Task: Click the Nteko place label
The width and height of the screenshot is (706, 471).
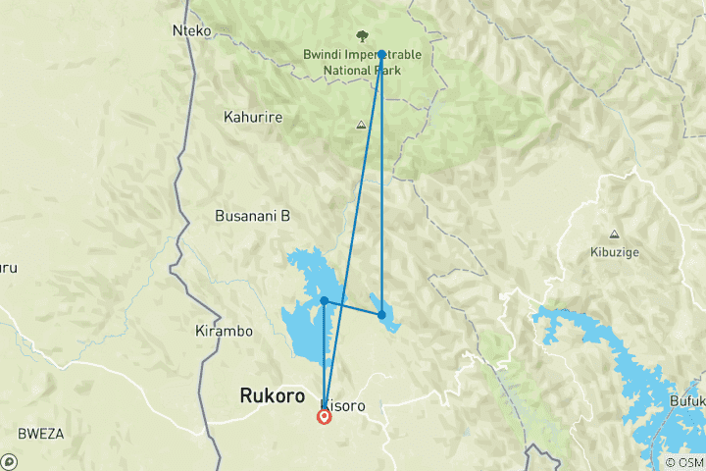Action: (x=192, y=31)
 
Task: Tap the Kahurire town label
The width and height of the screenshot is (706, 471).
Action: (x=253, y=118)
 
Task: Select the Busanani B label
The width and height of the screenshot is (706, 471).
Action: (x=252, y=216)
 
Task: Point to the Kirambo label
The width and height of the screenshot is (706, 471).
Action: (x=224, y=331)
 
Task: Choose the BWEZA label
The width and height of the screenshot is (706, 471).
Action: (x=40, y=433)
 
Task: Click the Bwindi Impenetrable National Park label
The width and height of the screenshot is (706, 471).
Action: (x=362, y=63)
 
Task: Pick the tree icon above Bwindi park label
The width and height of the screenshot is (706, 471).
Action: (x=362, y=36)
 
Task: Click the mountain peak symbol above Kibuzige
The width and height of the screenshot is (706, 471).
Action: (x=614, y=234)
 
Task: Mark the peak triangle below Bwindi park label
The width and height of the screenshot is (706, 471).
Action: (x=362, y=125)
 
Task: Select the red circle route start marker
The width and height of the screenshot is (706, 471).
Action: (x=325, y=417)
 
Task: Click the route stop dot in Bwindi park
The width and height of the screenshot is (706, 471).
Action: (x=381, y=55)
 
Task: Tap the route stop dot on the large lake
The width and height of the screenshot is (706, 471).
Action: (x=324, y=300)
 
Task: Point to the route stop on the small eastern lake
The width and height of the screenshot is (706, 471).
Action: (x=381, y=315)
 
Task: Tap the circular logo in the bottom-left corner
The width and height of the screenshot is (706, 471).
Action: (x=9, y=461)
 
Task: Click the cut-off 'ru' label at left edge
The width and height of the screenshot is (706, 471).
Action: (x=8, y=267)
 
